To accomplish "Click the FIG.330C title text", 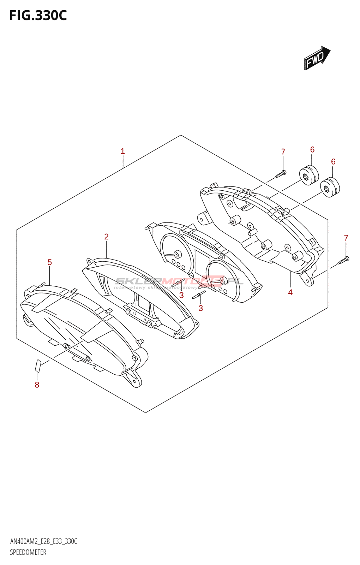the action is point(38,16).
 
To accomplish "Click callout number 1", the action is point(122,151).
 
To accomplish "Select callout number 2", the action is point(106,237).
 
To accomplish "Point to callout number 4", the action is point(290,292).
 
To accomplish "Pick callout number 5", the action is point(49,262).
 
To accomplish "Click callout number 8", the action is point(37,385).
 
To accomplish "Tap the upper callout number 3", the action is point(181,295).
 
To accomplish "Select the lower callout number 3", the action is point(200,308).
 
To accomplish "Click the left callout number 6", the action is point(312,150).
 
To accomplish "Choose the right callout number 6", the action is point(333,162).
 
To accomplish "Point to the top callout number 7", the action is point(283,152).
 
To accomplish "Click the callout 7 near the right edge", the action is point(346,238).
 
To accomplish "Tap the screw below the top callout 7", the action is point(281,174).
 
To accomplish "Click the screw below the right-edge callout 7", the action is point(343,261).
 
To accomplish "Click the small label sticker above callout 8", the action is point(38,365).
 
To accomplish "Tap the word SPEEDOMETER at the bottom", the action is point(28,552).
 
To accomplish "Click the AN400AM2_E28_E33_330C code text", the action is point(44,541).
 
